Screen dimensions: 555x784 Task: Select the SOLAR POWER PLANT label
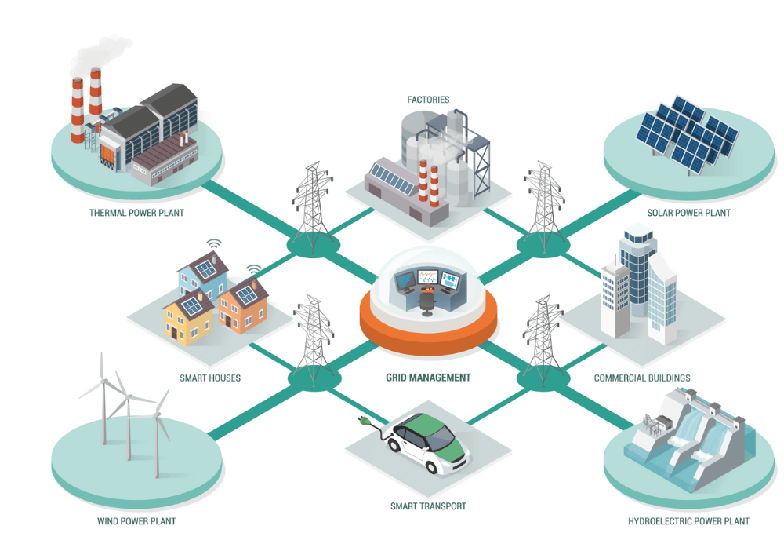tap(688, 213)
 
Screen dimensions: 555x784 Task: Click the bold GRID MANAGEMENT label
tap(428, 378)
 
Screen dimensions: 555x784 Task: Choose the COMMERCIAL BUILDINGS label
tap(642, 378)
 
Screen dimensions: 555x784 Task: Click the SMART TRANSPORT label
tap(428, 506)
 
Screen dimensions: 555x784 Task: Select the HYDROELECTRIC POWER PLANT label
tap(688, 521)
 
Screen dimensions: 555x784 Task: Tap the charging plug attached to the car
tap(365, 421)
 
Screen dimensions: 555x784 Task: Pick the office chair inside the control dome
tap(427, 301)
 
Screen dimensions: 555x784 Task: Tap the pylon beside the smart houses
tap(314, 338)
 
